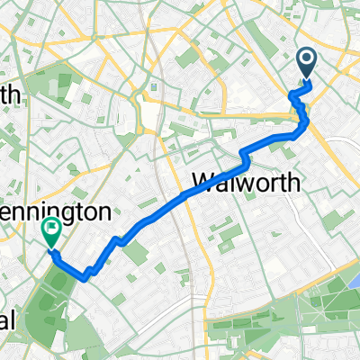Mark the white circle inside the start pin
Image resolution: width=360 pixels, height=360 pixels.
306,59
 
